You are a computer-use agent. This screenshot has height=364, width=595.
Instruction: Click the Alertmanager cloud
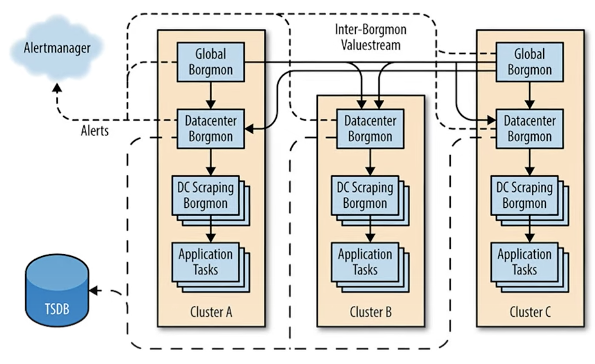click(x=57, y=48)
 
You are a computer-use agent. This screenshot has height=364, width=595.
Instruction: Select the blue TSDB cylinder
click(x=57, y=290)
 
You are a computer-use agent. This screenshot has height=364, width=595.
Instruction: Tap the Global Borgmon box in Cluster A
click(x=211, y=62)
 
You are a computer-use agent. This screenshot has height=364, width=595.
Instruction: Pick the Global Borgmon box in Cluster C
click(x=530, y=62)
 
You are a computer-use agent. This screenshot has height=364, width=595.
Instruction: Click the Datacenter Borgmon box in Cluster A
click(x=211, y=129)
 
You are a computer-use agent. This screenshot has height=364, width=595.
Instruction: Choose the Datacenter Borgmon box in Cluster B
click(x=370, y=129)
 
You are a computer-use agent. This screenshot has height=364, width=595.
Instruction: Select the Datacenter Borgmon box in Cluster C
click(x=530, y=129)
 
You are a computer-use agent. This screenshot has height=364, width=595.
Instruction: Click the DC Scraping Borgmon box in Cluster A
click(x=211, y=201)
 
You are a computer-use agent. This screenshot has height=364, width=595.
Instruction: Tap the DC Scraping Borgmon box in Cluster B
click(x=370, y=201)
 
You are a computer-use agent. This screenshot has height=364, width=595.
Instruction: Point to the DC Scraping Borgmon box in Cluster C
click(x=530, y=201)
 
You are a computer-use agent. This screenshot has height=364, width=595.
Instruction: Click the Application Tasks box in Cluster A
click(x=211, y=267)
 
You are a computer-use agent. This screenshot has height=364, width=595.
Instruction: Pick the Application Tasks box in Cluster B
click(x=370, y=267)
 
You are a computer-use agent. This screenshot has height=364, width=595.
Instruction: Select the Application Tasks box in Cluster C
click(x=530, y=267)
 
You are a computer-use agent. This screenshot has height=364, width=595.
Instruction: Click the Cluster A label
click(x=211, y=312)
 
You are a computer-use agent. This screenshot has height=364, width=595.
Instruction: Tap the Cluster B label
click(x=371, y=312)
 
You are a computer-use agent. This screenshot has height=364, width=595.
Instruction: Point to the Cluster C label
click(x=530, y=312)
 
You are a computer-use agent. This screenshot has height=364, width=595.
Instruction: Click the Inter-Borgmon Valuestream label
click(x=371, y=37)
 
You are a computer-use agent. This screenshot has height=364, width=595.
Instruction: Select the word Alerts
click(x=95, y=131)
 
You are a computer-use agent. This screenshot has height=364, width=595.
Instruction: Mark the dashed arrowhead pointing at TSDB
click(x=95, y=291)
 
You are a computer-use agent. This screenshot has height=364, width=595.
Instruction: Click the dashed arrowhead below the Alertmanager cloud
click(x=57, y=88)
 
